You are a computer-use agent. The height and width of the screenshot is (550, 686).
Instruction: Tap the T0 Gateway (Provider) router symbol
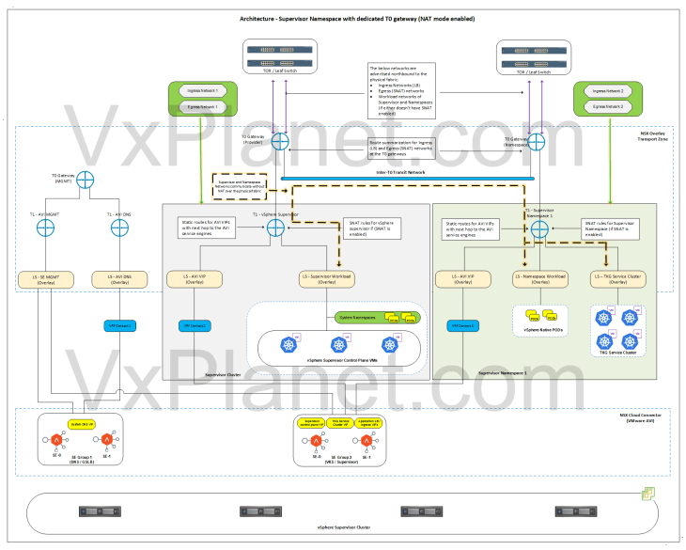(279, 146)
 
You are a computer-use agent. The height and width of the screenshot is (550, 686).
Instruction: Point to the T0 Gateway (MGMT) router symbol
(86, 180)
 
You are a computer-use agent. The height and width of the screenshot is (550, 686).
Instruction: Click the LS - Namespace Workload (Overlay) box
(543, 278)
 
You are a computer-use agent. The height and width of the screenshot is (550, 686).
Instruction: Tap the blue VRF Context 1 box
(118, 324)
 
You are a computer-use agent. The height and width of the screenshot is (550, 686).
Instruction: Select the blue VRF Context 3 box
(460, 324)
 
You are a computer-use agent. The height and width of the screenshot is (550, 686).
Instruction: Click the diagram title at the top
(344, 18)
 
